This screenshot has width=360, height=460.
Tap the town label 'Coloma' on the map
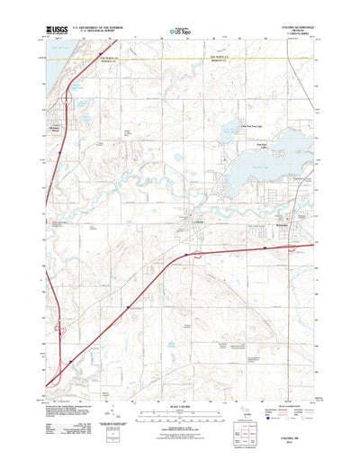point(200,222)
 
